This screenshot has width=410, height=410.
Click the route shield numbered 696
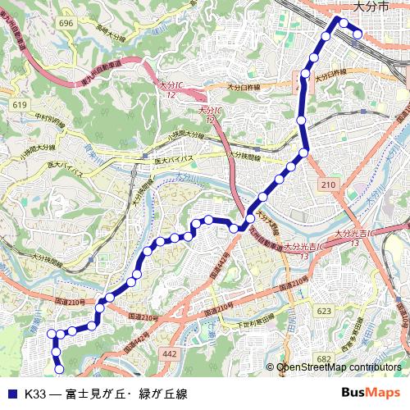point(66,23)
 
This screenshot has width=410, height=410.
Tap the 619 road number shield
point(20,105)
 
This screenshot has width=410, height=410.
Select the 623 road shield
point(324,311)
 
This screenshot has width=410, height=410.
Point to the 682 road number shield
point(324,358)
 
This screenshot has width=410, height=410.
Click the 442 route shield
point(170,353)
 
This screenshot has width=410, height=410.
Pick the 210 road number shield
point(329,186)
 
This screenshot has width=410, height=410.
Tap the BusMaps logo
point(370,394)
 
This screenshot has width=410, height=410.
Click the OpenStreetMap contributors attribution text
point(338,368)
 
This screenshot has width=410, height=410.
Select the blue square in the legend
point(12,394)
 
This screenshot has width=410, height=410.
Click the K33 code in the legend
point(35,394)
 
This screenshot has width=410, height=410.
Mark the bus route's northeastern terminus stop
point(358,34)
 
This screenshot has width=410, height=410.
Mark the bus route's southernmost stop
point(58,367)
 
